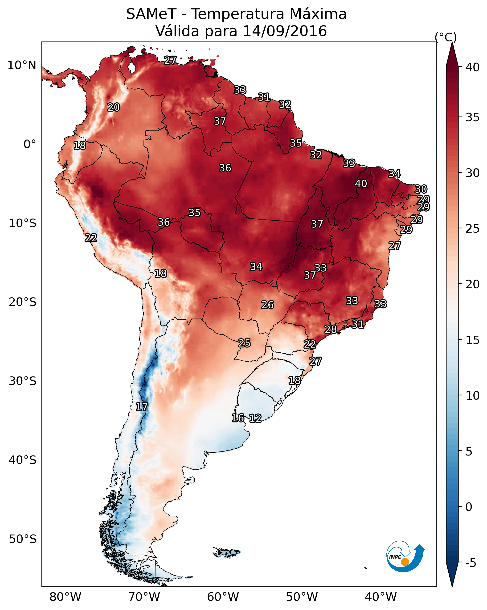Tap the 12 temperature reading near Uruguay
pos(255,418)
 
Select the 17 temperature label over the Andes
pos(142,407)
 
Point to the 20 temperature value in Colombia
pos(114,107)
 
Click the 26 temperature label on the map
pos(267,305)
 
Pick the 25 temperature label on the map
pos(244,343)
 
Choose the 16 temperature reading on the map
pos(238,418)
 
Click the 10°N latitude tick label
pos(22,65)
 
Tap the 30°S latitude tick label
pos(23,381)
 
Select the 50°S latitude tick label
pos(23,539)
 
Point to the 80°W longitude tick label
pos(65,597)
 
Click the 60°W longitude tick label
pos(223,597)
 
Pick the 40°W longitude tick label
pos(381,597)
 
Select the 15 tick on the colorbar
pos(472,340)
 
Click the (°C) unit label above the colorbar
pos(446,37)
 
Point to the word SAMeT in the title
pos(151,14)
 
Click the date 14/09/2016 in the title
pos(285,31)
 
